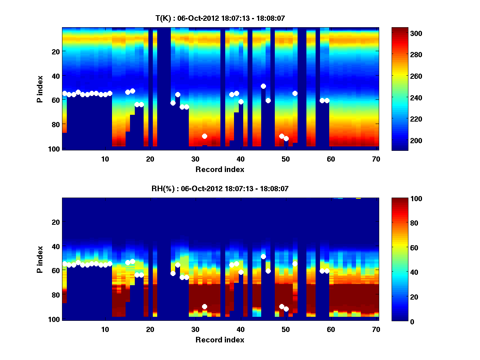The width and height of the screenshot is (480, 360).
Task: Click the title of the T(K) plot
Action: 220,18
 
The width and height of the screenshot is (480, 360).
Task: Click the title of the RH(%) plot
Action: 220,188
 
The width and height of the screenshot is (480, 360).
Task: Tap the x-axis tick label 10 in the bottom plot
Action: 105,329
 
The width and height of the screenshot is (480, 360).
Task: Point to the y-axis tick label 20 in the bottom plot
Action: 56,222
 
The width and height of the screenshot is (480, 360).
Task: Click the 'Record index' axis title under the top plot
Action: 220,169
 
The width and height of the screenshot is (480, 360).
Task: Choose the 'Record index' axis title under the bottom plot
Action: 220,340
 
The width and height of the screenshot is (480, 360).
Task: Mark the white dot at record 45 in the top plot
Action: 263,86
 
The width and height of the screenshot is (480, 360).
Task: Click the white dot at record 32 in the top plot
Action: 204,136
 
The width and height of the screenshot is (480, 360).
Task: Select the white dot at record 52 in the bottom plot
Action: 295,264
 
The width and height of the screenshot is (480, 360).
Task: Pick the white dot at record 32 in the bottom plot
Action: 204,306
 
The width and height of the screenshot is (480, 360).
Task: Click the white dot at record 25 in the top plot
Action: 173,103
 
